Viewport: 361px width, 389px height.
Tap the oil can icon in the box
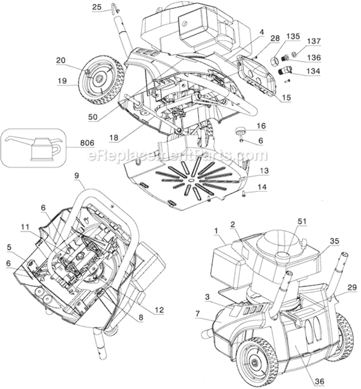34,147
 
